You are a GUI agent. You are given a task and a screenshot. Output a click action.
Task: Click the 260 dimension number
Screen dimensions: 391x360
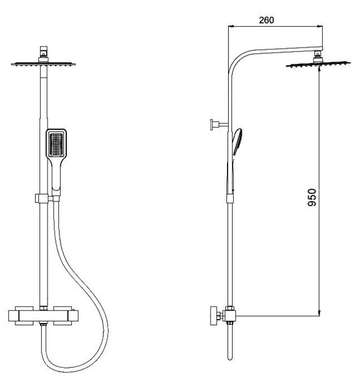(265, 20)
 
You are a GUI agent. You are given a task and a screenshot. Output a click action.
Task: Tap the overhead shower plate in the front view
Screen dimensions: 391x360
(42, 64)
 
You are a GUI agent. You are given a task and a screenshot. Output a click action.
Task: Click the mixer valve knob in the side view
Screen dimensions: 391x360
(213, 316)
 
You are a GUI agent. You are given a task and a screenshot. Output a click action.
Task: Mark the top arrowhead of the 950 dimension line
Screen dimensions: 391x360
(319, 72)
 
